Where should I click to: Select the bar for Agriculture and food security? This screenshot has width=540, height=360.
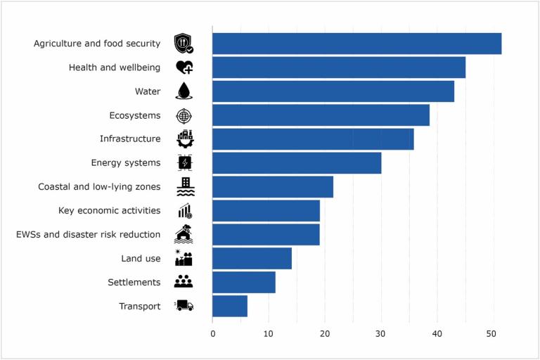356,44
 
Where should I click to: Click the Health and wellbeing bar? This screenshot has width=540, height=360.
338,67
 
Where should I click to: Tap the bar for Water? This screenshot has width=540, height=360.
333,91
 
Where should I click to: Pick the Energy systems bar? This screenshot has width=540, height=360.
296,163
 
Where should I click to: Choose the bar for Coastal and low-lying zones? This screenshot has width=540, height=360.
272,187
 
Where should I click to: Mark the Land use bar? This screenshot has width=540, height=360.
252,259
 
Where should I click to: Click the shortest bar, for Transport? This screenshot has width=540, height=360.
229,307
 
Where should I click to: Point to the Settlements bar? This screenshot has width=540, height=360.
243,283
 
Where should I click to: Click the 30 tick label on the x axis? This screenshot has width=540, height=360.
381,334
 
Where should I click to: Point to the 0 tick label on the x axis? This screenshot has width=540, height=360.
212,334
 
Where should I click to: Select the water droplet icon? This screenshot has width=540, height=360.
184,91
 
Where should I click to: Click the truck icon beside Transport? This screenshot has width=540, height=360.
184,306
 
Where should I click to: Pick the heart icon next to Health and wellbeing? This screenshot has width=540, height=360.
184,67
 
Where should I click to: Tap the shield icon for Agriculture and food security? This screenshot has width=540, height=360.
184,44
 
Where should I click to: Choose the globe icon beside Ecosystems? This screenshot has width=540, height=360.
184,115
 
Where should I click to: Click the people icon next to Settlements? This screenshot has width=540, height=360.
184,282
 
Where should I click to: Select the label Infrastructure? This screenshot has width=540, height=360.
130,139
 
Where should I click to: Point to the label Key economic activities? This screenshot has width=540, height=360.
110,211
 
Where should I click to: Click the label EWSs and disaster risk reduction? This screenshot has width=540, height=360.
88,235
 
